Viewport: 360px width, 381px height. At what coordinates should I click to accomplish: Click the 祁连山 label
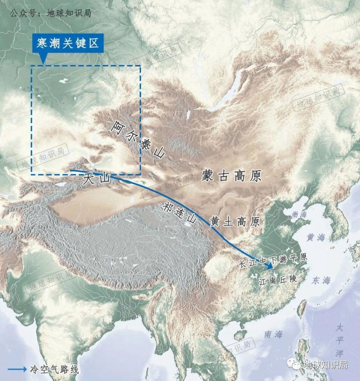[180, 214]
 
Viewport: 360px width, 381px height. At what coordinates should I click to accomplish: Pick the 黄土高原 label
[235, 222]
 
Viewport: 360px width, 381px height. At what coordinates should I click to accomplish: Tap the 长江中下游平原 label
[273, 259]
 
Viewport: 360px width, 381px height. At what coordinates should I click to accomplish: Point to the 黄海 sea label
[316, 237]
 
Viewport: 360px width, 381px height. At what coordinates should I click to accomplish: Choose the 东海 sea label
[321, 280]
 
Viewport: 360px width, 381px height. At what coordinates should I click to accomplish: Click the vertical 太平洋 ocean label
[339, 340]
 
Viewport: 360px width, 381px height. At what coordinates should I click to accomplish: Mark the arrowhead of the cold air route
[269, 266]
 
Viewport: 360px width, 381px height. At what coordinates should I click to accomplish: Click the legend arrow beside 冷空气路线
[17, 369]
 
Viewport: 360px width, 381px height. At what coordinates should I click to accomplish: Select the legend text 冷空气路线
[54, 369]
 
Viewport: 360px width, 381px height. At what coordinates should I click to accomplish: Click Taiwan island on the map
[301, 309]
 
